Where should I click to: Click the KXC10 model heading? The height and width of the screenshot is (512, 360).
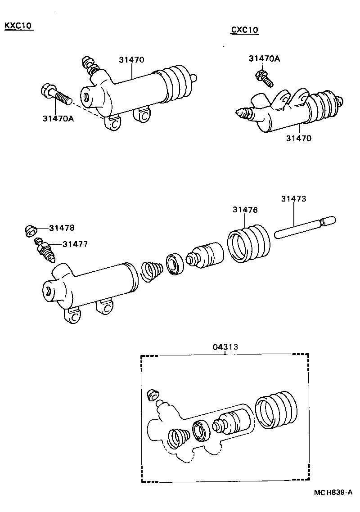pyautogui.click(x=18, y=26)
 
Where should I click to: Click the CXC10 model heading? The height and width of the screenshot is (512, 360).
pyautogui.click(x=245, y=30)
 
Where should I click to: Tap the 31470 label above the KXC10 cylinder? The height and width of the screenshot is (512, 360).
pyautogui.click(x=131, y=59)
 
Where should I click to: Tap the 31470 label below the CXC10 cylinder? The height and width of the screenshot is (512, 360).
pyautogui.click(x=298, y=138)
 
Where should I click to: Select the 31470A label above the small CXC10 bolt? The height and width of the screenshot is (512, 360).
pyautogui.click(x=264, y=58)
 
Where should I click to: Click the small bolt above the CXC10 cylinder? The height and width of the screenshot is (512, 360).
pyautogui.click(x=265, y=78)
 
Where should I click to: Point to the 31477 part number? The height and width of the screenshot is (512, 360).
pyautogui.click(x=75, y=244)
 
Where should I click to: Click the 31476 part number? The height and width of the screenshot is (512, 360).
pyautogui.click(x=245, y=209)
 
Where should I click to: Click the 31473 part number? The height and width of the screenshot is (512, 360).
pyautogui.click(x=294, y=198)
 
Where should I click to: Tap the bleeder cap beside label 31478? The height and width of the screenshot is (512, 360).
pyautogui.click(x=31, y=231)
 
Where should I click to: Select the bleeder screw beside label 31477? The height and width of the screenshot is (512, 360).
pyautogui.click(x=45, y=251)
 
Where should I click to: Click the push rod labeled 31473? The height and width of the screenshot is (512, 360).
pyautogui.click(x=304, y=227)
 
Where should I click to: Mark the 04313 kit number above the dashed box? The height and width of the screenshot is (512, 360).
pyautogui.click(x=225, y=347)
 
